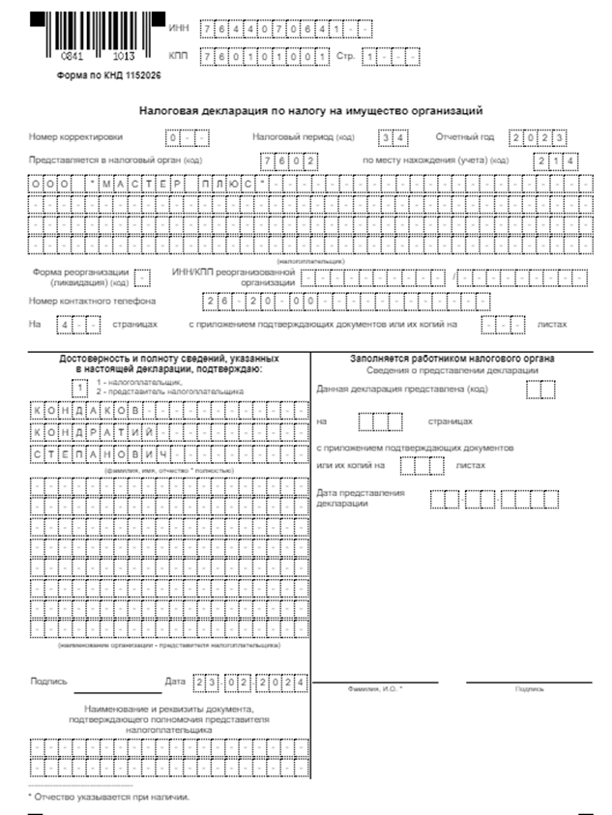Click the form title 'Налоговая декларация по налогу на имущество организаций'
click(310, 112)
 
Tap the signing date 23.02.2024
click(250, 684)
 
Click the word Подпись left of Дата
click(48, 683)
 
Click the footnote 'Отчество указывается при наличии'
click(109, 798)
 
